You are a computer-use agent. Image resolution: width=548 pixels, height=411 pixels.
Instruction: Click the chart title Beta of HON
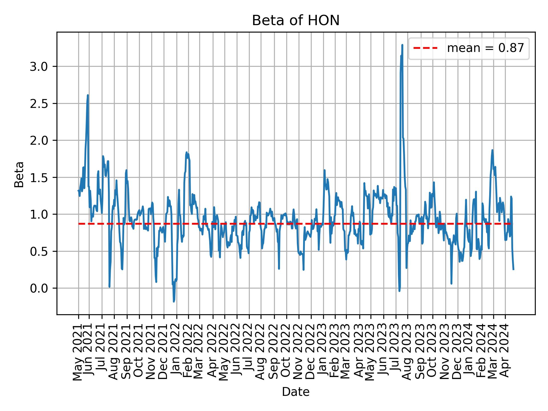click(x=296, y=21)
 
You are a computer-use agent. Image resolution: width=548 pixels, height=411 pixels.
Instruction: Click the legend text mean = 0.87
click(x=485, y=48)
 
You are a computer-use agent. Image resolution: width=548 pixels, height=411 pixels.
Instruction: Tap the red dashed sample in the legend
click(x=425, y=48)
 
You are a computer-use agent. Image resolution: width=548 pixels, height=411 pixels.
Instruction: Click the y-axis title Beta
click(x=19, y=174)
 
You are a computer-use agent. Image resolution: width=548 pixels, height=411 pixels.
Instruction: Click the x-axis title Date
click(x=296, y=392)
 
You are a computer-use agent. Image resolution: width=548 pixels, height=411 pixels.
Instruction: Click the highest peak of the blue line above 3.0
click(x=402, y=45)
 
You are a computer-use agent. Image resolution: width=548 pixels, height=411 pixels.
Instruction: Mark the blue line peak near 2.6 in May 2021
click(x=88, y=95)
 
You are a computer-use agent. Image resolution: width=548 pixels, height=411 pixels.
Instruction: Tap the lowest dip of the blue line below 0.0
click(x=174, y=301)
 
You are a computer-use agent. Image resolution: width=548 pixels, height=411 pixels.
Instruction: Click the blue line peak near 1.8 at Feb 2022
click(x=187, y=152)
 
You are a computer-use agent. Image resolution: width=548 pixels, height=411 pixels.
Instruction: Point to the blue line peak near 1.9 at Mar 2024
click(x=492, y=150)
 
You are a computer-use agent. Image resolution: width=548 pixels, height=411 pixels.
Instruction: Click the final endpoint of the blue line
click(x=513, y=269)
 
